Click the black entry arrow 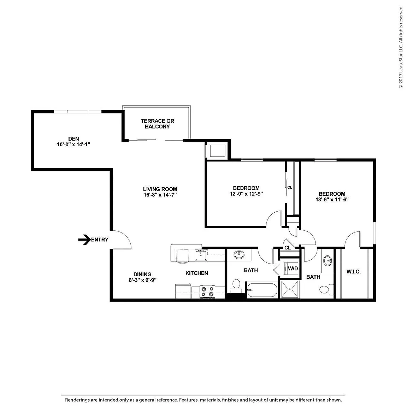[84, 240]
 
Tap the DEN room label [73, 138]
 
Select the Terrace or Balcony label [158, 124]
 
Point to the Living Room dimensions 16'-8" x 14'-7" [160, 195]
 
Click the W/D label [293, 269]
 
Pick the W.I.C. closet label [354, 272]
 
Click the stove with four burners [207, 291]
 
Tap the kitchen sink [201, 255]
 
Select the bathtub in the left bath [262, 290]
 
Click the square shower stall [290, 289]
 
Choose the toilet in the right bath [326, 289]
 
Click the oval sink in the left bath [239, 255]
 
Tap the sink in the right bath [328, 261]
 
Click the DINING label [142, 275]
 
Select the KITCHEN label [197, 273]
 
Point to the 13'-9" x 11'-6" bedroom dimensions [332, 199]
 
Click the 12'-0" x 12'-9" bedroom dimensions [246, 194]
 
